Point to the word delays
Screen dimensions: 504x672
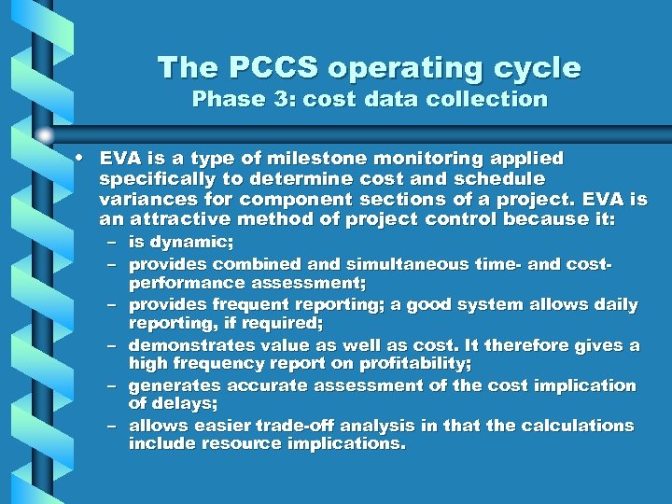pos(184,403)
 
